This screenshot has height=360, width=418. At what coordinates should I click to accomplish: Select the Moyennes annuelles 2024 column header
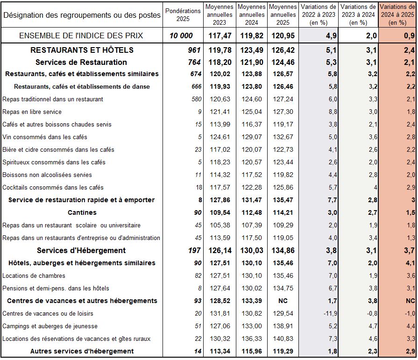tap(252, 14)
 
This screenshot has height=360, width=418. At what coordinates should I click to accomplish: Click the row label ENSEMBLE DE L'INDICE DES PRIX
tap(81, 35)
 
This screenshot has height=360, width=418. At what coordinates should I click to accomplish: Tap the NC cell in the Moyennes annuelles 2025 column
tap(282, 301)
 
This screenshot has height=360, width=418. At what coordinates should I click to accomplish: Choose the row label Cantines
tap(82, 212)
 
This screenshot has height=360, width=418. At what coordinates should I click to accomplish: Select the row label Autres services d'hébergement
tap(82, 351)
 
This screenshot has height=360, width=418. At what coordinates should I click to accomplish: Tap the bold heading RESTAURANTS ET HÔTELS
tap(82, 50)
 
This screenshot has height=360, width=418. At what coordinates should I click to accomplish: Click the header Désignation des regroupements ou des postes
tap(82, 15)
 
